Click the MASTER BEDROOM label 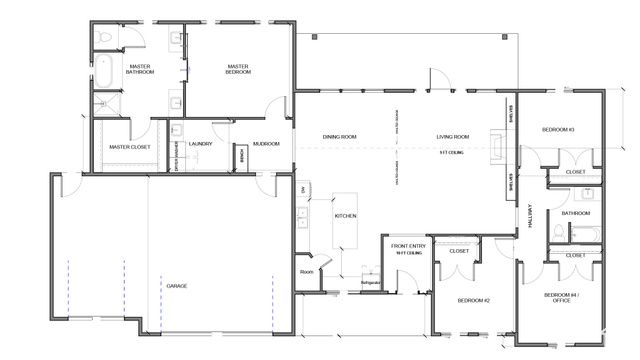pyautogui.click(x=237, y=70)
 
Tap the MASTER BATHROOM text pyautogui.click(x=139, y=70)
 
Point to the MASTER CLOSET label pyautogui.click(x=129, y=147)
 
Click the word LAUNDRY pyautogui.click(x=198, y=144)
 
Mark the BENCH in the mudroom pyautogui.click(x=239, y=157)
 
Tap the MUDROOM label pyautogui.click(x=265, y=144)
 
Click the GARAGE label pyautogui.click(x=177, y=286)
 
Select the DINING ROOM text pyautogui.click(x=340, y=136)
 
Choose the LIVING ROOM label pyautogui.click(x=453, y=136)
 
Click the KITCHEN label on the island pyautogui.click(x=345, y=216)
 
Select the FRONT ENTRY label pyautogui.click(x=409, y=245)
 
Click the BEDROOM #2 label pyautogui.click(x=472, y=300)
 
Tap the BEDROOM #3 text pyautogui.click(x=558, y=130)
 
